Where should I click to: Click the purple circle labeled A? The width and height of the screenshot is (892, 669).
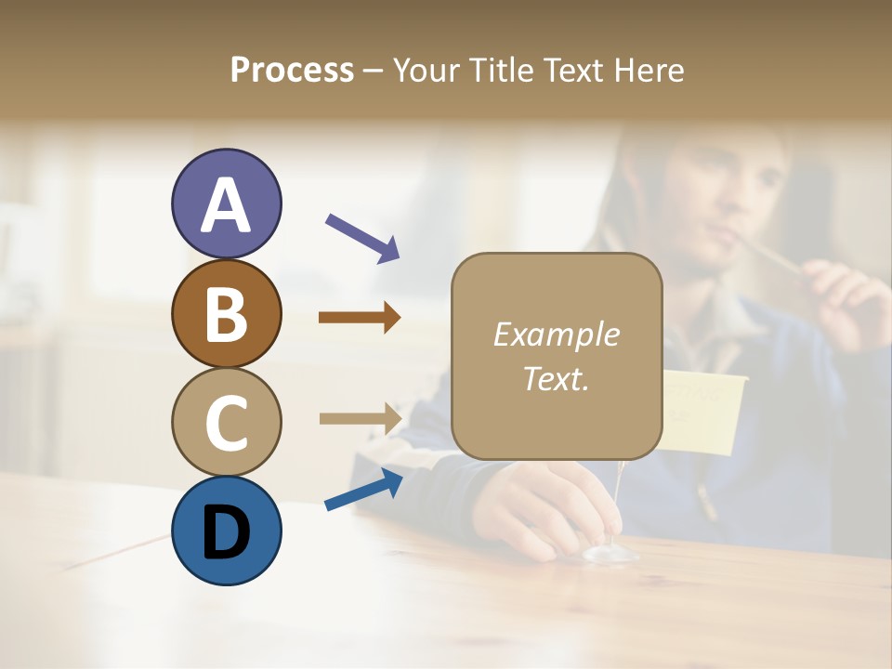[x=226, y=204]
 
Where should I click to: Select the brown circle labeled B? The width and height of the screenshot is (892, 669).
[x=226, y=313]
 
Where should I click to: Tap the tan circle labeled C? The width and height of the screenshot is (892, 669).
[x=226, y=421]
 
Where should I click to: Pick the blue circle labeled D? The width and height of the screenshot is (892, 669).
[x=226, y=531]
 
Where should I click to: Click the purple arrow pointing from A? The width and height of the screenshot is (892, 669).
[x=362, y=237]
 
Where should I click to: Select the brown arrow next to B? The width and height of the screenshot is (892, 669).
[x=360, y=318]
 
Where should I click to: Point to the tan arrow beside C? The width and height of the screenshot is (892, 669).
[x=360, y=418]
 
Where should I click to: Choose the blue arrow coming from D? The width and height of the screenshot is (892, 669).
[x=363, y=490]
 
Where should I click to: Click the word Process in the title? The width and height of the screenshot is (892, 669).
[x=292, y=71]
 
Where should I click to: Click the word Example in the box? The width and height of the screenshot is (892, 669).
[x=556, y=334]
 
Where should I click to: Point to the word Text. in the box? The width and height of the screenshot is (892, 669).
[x=556, y=378]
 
